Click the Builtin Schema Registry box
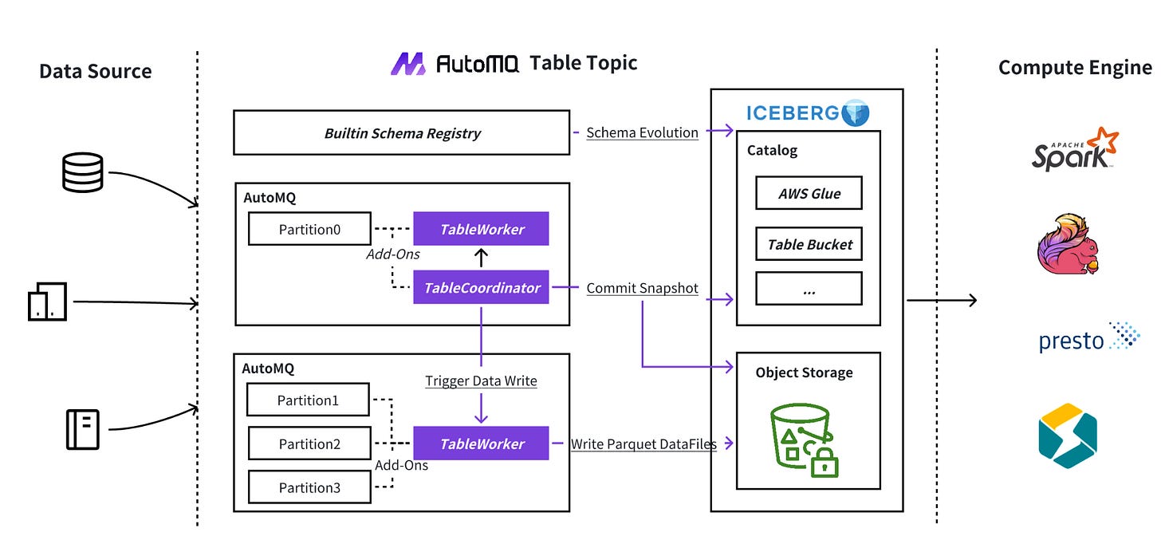[x=402, y=133]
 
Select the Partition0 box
[x=309, y=229]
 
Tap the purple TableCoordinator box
[x=482, y=288]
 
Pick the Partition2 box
[x=309, y=443]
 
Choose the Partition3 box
[x=309, y=487]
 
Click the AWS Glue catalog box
[x=809, y=193]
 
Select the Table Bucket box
[x=809, y=245]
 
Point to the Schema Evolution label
[x=642, y=133]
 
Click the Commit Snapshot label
[x=642, y=288]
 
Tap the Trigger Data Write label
[x=481, y=381]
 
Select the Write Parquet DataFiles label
[x=643, y=444]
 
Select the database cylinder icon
[x=83, y=171]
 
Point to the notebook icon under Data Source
[x=82, y=429]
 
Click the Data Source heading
[x=95, y=71]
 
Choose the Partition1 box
[x=309, y=400]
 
